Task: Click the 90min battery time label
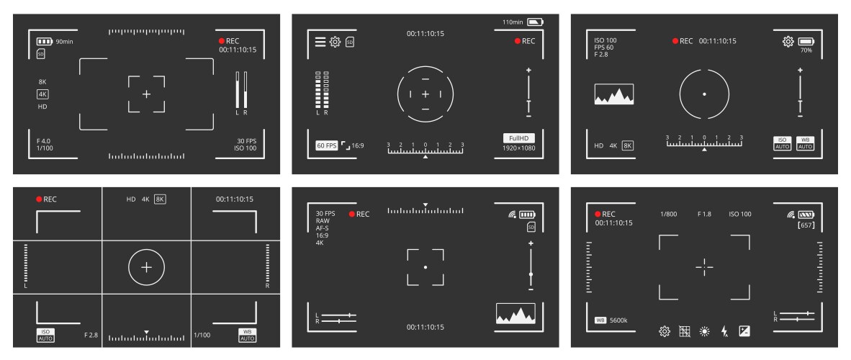65,41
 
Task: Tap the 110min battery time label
513,22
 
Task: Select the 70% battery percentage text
806,51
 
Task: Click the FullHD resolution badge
518,138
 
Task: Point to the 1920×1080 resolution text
518,148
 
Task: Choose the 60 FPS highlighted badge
326,145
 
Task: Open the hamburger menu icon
320,42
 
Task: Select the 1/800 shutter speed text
668,215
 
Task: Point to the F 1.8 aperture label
705,215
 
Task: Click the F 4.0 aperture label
45,140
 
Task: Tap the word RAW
323,221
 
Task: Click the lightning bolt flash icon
725,332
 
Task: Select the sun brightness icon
705,332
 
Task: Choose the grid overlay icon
685,332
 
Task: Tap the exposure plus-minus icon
744,332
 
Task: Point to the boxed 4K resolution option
42,94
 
